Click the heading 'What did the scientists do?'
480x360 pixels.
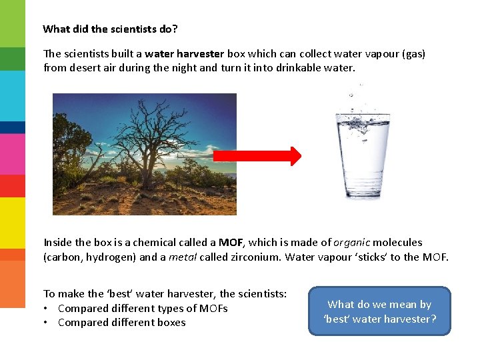point(110,29)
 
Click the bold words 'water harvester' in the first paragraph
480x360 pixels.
point(185,53)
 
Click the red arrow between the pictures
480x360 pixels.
point(257,156)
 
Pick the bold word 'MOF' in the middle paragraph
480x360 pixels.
point(231,243)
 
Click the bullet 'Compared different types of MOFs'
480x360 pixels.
point(143,308)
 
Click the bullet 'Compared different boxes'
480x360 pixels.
point(121,323)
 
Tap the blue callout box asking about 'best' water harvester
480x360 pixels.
point(379,311)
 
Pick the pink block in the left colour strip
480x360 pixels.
point(12,153)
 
